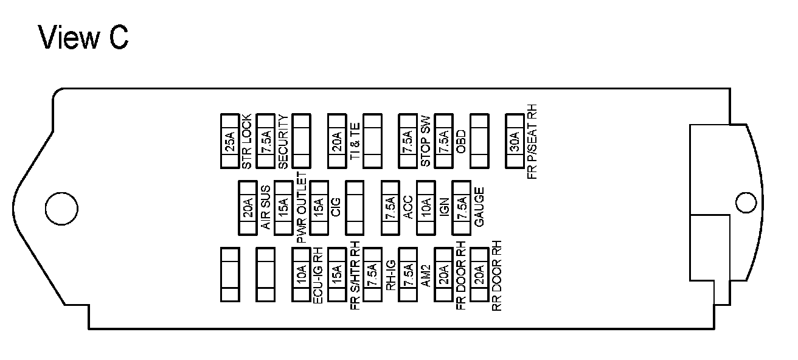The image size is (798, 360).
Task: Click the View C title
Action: click(84, 37)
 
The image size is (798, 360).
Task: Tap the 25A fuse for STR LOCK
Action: click(229, 140)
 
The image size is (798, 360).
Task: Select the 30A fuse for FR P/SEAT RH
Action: click(515, 140)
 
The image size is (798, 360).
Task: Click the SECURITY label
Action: click(283, 140)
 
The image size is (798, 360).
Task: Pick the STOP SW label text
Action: click(426, 140)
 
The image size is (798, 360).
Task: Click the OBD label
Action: click(461, 142)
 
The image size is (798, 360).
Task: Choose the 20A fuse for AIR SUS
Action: click(248, 207)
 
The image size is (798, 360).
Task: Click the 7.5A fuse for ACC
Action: click(390, 207)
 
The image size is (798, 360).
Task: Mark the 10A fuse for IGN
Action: click(426, 207)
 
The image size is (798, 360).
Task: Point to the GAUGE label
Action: click(479, 207)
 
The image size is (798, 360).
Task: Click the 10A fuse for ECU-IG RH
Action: click(301, 274)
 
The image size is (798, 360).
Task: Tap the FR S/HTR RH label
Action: click(355, 279)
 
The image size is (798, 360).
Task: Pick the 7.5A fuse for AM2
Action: click(408, 274)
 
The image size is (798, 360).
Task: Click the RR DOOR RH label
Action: click(498, 279)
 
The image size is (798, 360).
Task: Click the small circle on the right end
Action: click(745, 202)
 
